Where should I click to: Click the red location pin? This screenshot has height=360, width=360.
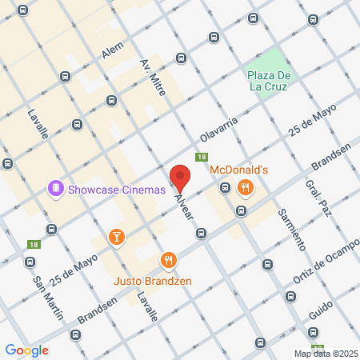180,178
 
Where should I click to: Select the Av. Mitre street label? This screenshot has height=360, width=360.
153,78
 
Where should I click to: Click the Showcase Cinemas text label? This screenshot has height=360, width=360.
116,190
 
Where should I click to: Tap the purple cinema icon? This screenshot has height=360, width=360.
56,189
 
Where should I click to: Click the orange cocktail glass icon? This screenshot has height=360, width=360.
117,236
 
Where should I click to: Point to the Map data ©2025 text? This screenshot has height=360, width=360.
324,354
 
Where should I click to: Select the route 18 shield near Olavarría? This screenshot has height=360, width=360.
202,158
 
